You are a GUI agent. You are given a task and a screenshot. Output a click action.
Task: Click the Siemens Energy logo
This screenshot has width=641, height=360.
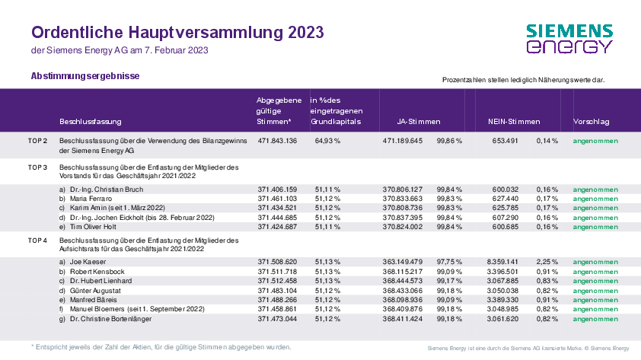tap(569, 39)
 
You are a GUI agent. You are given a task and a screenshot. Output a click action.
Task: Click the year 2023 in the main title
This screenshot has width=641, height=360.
tap(306, 32)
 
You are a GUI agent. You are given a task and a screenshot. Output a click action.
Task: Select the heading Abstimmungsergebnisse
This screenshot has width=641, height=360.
tap(85, 76)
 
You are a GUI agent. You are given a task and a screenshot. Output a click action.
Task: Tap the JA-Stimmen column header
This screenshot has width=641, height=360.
tap(419, 122)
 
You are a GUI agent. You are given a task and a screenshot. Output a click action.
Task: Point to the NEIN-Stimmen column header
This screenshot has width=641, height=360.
tap(514, 122)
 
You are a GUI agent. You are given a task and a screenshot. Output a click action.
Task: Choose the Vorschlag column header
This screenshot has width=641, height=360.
tap(591, 122)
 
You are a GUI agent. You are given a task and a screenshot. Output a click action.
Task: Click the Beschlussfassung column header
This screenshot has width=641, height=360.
tap(91, 122)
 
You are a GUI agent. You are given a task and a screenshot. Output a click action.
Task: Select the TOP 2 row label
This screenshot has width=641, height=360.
tap(37, 141)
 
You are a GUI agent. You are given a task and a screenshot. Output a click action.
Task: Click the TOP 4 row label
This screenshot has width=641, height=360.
tap(37, 241)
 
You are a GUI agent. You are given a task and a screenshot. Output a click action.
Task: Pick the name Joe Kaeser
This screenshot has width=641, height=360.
tap(88, 262)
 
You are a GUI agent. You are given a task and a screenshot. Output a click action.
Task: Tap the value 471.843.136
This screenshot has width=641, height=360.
tap(277, 141)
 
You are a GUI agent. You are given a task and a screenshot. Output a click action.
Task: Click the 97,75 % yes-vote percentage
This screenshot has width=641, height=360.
tap(449, 262)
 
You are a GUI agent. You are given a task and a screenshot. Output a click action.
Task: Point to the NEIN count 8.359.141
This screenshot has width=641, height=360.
tap(502, 262)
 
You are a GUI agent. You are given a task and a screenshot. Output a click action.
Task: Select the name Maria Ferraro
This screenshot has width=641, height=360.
tap(91, 199)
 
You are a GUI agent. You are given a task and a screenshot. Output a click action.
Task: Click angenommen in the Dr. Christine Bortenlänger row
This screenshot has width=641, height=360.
tap(595, 319)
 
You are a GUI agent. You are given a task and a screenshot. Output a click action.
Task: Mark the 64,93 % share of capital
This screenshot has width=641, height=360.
tap(327, 141)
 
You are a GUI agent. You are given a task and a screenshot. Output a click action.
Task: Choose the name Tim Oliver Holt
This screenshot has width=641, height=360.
tap(93, 227)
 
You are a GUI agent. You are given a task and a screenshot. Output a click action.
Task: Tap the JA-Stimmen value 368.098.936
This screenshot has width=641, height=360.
tap(403, 300)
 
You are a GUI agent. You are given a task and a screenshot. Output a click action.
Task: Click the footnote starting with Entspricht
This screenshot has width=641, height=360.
tap(161, 347)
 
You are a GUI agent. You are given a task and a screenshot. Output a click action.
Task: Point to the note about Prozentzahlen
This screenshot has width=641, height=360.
tap(523, 80)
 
